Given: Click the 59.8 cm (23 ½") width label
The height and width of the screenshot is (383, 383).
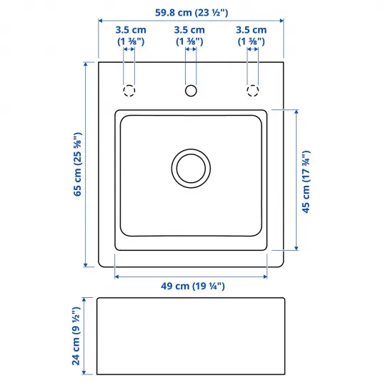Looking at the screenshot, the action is point(191,12).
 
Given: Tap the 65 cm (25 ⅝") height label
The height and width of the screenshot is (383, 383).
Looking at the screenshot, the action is point(77,164).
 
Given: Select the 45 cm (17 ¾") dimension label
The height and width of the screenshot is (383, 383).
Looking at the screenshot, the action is point(306,182).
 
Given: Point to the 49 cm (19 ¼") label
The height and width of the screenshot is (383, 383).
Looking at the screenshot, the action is point(193,286).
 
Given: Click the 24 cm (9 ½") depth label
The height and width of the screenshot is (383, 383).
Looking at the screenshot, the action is point(76,336).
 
